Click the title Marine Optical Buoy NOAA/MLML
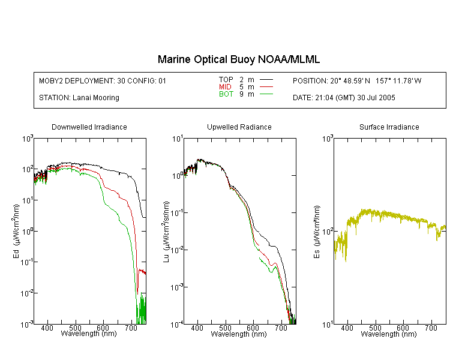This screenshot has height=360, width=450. coord(239,59)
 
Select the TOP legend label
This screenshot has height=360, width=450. coord(226,80)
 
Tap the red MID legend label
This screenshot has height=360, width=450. coord(225,86)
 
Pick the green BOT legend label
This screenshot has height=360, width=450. coord(226,94)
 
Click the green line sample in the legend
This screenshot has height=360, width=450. coord(266,94)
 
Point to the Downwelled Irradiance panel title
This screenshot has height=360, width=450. coord(89,127)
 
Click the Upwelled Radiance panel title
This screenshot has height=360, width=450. coord(239,127)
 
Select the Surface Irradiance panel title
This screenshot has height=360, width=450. coord(389,127)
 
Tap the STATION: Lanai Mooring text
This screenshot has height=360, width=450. coord(79,98)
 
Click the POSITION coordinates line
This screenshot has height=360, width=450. coord(357,80)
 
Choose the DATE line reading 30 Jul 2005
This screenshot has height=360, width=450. coord(344,98)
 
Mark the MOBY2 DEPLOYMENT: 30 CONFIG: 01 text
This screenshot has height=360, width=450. coord(103,80)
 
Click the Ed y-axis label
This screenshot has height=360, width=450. coord(16,231)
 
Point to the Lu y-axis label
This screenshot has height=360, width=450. coord(166,232)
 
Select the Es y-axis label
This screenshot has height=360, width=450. coord(316,232)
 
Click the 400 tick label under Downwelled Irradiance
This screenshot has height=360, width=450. coord(47,328)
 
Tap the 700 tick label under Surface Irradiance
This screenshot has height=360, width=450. coord(431,328)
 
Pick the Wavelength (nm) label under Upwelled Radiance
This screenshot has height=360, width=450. coord(239,334)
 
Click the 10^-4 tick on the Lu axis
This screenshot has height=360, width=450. coord(177,325)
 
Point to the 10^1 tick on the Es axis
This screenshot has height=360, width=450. coord(328,325)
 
